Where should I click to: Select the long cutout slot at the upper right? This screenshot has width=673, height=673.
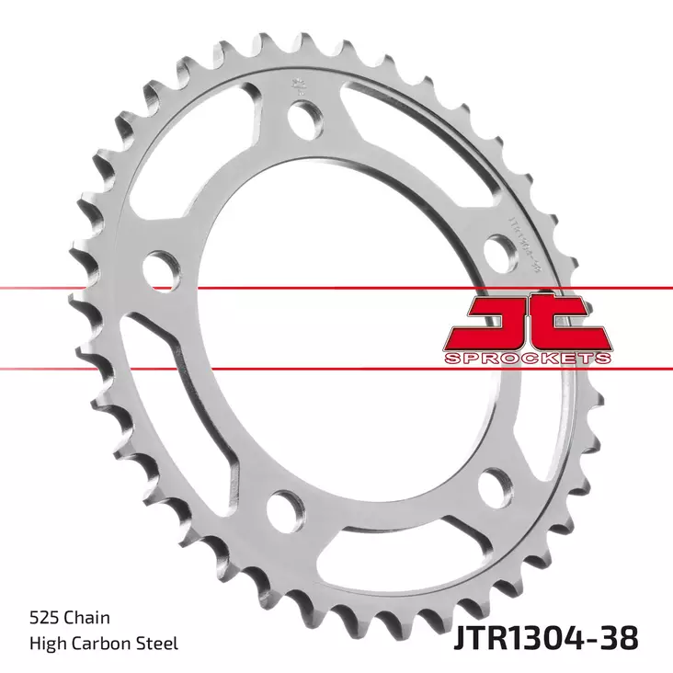click(432, 138)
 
